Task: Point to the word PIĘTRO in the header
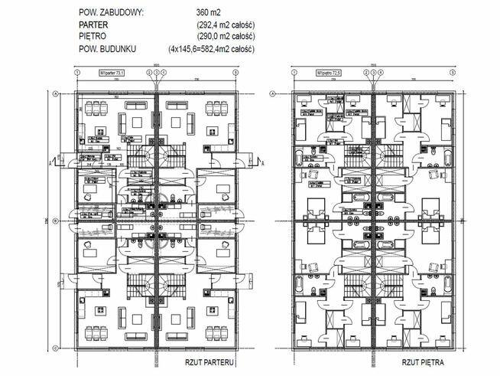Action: point(95,36)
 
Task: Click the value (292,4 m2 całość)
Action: point(225,25)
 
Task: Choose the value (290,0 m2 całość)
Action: point(225,36)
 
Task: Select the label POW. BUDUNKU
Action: point(108,48)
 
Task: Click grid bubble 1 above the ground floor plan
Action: point(79,73)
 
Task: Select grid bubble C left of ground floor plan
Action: point(57,348)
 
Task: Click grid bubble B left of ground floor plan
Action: point(57,221)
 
